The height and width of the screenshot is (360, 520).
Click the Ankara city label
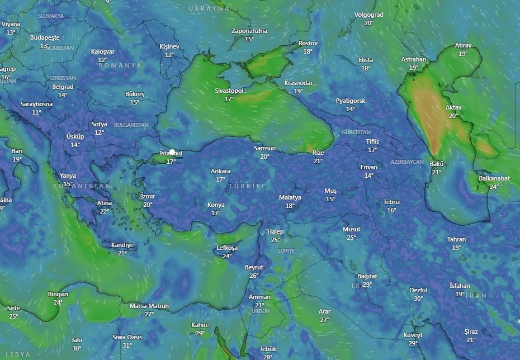pos(220,171)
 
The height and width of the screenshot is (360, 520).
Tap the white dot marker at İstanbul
pos(172,152)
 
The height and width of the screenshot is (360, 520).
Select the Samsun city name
pos(264,148)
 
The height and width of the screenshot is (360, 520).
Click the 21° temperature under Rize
pos(318,161)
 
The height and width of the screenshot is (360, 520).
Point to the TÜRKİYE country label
pos(247,186)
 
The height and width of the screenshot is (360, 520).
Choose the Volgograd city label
pos(369,15)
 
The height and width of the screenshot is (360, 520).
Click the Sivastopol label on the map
pos(229,91)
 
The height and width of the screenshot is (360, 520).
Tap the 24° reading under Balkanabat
pos(494,187)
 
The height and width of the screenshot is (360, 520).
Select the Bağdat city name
pos(367,276)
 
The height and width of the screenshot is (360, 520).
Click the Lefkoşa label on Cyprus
pos(227,248)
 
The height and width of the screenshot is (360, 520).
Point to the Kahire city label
pos(200,325)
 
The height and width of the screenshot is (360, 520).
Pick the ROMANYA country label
pos(120,65)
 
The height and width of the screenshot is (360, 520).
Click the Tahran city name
pos(456,239)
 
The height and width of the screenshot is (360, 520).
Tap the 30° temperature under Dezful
pos(418,299)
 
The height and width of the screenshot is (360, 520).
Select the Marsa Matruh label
pos(149,306)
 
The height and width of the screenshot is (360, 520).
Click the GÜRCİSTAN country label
pos(356,132)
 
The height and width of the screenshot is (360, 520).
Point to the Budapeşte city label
pos(45,37)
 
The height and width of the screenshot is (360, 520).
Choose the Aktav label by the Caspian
pos(453,107)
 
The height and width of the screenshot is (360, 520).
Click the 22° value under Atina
pos(104,211)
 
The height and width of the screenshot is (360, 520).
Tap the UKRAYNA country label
pos(209,8)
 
